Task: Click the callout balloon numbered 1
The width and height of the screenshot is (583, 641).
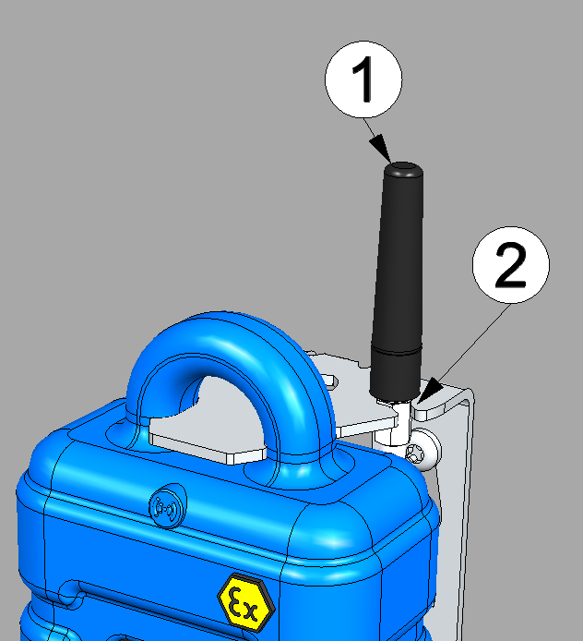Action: (363, 79)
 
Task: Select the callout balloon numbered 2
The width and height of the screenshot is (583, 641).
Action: (511, 265)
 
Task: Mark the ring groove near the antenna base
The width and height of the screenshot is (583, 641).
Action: (397, 351)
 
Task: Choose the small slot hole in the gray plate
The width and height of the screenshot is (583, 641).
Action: (329, 381)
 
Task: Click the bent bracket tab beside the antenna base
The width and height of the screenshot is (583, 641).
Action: (440, 402)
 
